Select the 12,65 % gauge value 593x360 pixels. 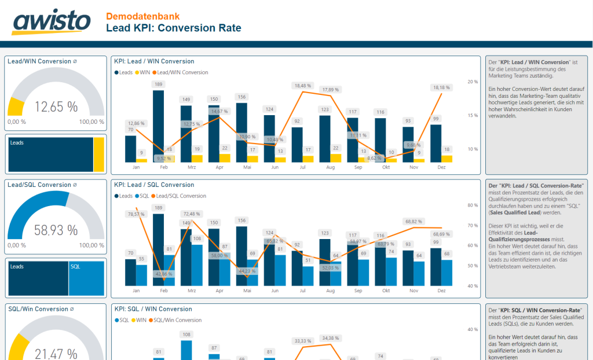[56, 107]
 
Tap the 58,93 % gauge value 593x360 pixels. [56, 230]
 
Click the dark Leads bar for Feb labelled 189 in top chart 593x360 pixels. [158, 124]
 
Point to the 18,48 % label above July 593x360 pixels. [303, 86]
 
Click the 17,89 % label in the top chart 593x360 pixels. [331, 90]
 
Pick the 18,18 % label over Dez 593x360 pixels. [441, 87]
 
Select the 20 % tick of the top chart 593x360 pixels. [473, 82]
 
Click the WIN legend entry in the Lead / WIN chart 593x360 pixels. [143, 72]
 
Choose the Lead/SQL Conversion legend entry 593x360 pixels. [181, 196]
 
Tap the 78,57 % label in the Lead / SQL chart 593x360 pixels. [136, 214]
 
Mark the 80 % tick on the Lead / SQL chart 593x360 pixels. [473, 205]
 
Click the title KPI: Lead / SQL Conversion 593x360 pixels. [154, 185]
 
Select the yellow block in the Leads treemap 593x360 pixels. [99, 154]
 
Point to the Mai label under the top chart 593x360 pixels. [247, 167]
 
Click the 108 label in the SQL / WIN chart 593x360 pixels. [186, 334]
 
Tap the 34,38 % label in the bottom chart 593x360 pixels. [331, 338]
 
